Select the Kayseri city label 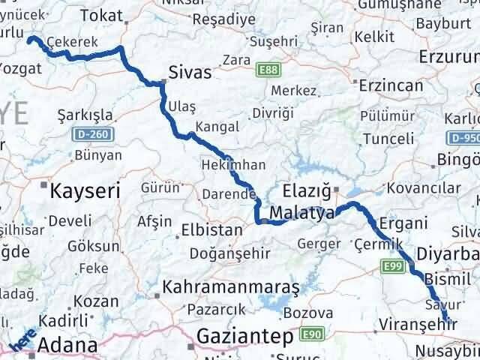pos(85,191)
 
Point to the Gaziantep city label pos(244,337)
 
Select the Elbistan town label pos(212,229)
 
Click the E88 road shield pos(266,70)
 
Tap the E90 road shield pos(310,333)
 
